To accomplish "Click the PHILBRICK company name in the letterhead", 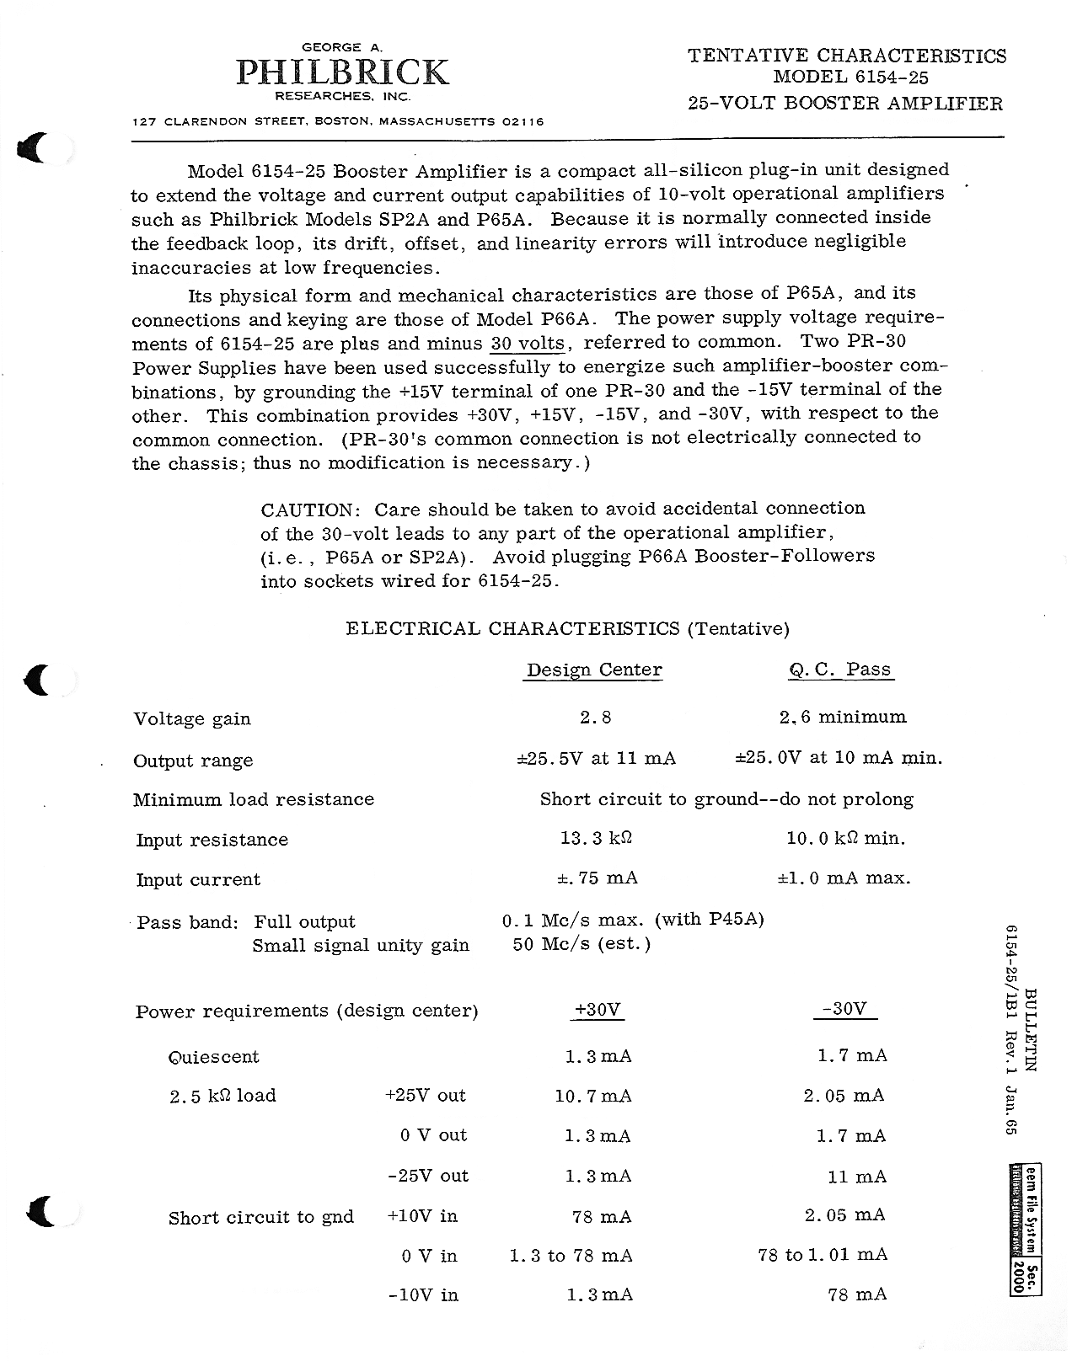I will (342, 73).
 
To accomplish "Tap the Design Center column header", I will (594, 670).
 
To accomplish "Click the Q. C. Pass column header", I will (839, 670).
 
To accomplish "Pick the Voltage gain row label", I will (192, 719).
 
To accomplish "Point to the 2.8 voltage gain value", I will (595, 718).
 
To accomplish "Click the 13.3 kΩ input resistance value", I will (596, 839).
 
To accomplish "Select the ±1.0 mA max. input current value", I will (844, 878).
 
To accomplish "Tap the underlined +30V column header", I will (597, 1010).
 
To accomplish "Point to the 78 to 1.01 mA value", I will (823, 1255).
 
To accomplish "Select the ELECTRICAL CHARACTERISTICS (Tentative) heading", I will (567, 629).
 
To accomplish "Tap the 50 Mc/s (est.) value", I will (582, 944).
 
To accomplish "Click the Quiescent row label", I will (214, 1058).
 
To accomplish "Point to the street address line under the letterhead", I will (338, 122).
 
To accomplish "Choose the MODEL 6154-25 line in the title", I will (846, 77).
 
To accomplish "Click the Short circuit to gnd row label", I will (261, 1218).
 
